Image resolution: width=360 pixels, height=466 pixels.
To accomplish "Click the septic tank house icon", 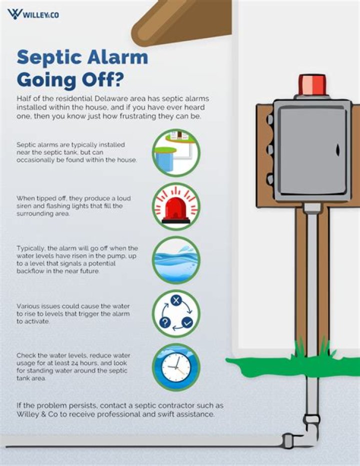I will [176, 152].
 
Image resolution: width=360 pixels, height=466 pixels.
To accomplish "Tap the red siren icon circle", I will [176, 206].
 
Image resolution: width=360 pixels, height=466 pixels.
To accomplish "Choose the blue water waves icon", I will [176, 260].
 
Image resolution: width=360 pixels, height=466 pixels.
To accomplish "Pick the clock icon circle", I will [176, 367].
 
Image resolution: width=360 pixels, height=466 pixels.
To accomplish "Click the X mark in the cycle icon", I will [175, 300].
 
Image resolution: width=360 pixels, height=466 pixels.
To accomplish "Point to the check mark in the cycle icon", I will [187, 323].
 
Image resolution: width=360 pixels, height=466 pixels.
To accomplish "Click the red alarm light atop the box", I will [312, 85].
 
